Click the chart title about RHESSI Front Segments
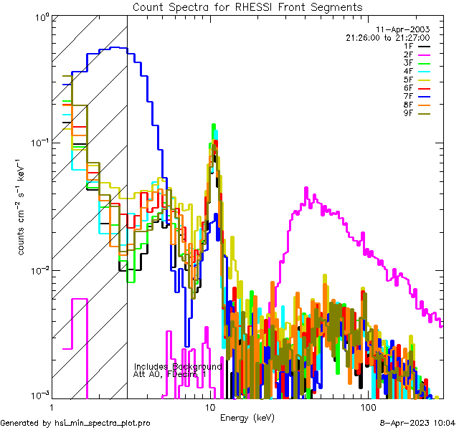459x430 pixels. click(247, 7)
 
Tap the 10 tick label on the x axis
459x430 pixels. click(210, 407)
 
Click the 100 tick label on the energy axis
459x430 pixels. click(368, 407)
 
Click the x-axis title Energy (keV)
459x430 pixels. click(247, 417)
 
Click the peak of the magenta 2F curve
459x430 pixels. click(306, 188)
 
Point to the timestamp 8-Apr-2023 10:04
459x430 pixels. click(417, 424)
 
